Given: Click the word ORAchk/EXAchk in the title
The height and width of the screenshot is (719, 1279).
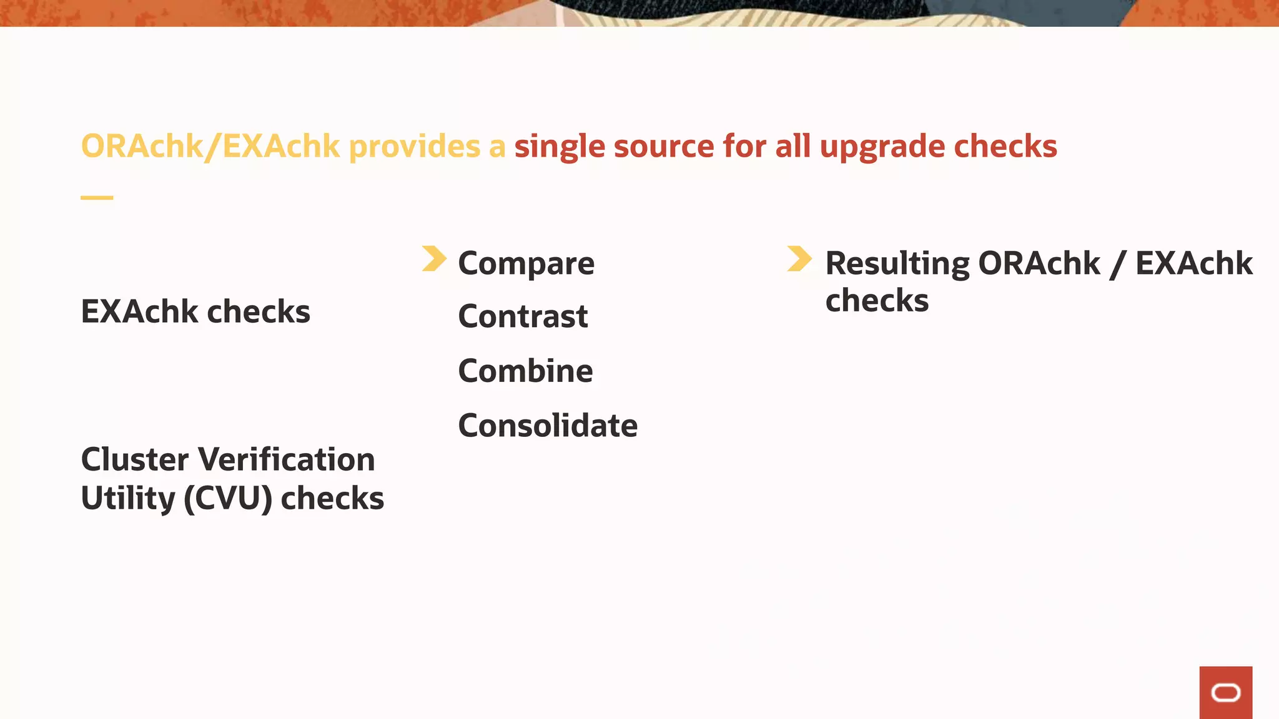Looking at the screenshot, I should (x=210, y=147).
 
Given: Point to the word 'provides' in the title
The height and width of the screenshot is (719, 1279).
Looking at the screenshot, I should (x=415, y=147).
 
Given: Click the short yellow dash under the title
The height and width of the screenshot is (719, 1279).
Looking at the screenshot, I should (x=97, y=198).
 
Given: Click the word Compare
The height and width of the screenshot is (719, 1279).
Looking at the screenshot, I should (x=526, y=263).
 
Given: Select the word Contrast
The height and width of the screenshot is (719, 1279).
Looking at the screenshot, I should (x=523, y=316).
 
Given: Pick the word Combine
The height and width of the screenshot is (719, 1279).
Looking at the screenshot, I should (x=525, y=371).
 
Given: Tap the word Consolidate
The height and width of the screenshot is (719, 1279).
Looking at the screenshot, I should (x=548, y=426).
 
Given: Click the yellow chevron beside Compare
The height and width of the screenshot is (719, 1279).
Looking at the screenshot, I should (x=434, y=259).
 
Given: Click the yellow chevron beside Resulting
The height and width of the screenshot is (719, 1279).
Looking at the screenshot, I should (x=799, y=259).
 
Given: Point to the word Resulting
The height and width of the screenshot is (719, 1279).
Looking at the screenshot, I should (x=897, y=263).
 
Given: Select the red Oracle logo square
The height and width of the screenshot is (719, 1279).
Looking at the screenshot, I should (x=1225, y=692).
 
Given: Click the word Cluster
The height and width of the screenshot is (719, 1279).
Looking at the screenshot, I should (x=134, y=460).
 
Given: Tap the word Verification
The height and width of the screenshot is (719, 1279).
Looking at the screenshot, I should (x=287, y=460).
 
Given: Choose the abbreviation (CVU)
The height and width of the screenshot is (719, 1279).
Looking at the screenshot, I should (x=228, y=499).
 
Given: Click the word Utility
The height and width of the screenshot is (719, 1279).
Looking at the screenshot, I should (x=128, y=499).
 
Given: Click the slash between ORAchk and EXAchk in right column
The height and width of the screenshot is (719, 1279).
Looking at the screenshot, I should (x=1117, y=263).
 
